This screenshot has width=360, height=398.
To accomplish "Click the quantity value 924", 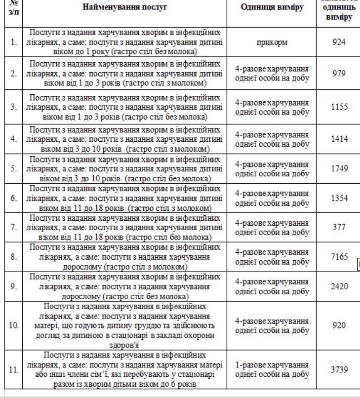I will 339,42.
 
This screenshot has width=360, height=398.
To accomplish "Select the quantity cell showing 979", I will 339,74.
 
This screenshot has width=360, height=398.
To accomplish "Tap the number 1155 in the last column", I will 339,107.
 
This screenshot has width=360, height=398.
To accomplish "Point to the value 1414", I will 339,139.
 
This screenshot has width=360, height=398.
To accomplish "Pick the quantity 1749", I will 339,168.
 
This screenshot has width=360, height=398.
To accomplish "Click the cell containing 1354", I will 339,198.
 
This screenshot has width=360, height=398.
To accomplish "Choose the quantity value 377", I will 339,227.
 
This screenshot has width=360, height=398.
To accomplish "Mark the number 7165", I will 339,257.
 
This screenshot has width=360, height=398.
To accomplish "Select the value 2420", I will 339,286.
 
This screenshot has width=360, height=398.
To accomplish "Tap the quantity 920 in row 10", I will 339,326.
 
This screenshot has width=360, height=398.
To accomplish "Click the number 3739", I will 339,369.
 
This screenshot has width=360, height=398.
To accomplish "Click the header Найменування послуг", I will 125,7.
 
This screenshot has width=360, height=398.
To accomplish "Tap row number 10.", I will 13,326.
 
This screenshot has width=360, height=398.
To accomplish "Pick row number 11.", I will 13,369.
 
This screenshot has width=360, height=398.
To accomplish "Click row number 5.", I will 13,168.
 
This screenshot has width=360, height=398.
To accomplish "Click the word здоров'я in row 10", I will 125,345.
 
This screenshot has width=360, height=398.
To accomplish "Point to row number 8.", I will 13,257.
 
